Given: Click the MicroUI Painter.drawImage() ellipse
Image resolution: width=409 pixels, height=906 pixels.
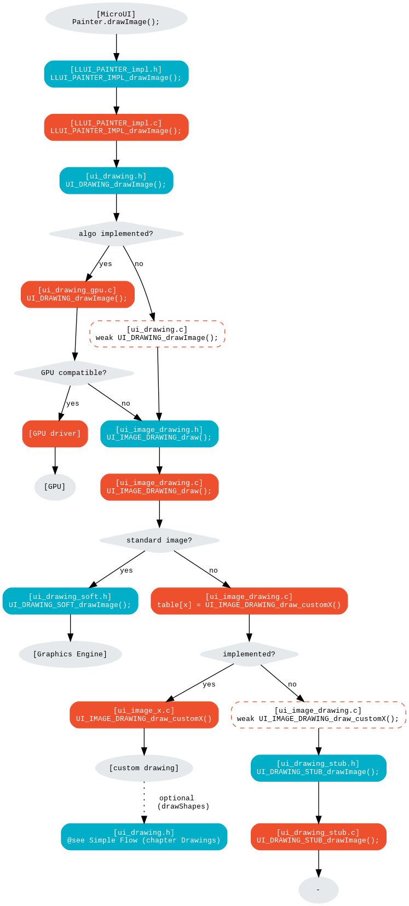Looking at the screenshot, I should pyautogui.click(x=116, y=19).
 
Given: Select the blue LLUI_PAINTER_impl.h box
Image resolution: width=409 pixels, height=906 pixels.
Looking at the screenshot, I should pyautogui.click(x=116, y=74).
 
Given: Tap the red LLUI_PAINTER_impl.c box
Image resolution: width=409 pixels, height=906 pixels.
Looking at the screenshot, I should pyautogui.click(x=116, y=127).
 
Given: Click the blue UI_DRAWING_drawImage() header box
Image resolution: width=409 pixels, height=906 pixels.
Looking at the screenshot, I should pyautogui.click(x=116, y=181).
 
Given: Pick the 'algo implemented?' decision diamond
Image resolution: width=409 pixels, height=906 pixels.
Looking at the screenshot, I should pyautogui.click(x=116, y=234).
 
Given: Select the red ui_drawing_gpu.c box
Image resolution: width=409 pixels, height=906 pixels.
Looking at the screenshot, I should pyautogui.click(x=77, y=295).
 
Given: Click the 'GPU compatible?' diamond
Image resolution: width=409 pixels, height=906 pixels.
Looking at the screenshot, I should pyautogui.click(x=74, y=373).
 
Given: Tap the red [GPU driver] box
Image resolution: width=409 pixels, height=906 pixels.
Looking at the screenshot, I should pyautogui.click(x=55, y=434).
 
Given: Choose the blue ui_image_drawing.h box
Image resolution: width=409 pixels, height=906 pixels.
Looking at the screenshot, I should pyautogui.click(x=159, y=434).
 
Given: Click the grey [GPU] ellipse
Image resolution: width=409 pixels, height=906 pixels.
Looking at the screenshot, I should pyautogui.click(x=55, y=487).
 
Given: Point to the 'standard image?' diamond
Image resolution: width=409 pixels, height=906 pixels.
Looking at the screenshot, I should pyautogui.click(x=159, y=540).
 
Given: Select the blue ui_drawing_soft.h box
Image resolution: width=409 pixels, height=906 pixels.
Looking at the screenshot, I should pyautogui.click(x=70, y=601).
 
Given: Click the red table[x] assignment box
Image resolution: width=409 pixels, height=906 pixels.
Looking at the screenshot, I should pyautogui.click(x=249, y=601).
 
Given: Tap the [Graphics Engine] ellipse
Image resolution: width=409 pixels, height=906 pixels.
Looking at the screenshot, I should pyautogui.click(x=70, y=654).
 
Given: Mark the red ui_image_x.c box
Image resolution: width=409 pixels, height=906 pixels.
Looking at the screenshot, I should pyautogui.click(x=144, y=715).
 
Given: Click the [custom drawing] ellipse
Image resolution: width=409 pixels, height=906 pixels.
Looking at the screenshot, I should pyautogui.click(x=144, y=768).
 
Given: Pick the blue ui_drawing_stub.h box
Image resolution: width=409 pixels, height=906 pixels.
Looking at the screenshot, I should pyautogui.click(x=318, y=768).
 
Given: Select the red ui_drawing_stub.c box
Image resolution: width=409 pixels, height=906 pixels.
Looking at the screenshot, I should pyautogui.click(x=318, y=836).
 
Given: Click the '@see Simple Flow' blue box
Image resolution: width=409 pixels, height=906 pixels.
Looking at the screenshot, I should pyautogui.click(x=144, y=836).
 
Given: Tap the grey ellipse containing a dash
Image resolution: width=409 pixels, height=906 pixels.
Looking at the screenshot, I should pyautogui.click(x=318, y=890).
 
